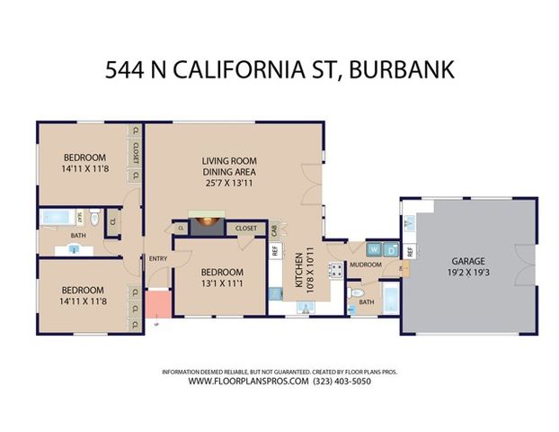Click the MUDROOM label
tap(366, 265)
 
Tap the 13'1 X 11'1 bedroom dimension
tap(221, 283)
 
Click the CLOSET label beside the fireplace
tap(246, 229)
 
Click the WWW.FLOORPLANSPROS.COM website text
tap(250, 382)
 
